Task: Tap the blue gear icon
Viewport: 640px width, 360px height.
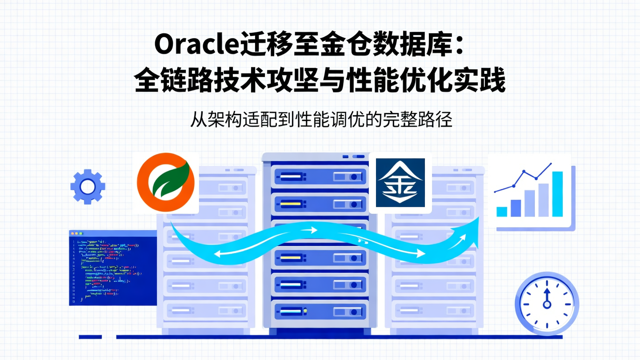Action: pyautogui.click(x=88, y=187)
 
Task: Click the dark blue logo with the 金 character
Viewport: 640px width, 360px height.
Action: pyautogui.click(x=400, y=182)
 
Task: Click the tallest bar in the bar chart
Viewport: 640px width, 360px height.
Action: pyautogui.click(x=557, y=194)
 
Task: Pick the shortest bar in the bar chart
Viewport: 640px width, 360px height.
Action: pyautogui.click(x=502, y=211)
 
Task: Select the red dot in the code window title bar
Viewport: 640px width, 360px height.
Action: pyautogui.click(x=72, y=233)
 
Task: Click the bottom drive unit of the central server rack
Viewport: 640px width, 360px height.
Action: pyautogui.click(x=320, y=310)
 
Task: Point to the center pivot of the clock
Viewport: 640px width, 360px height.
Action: pyautogui.click(x=547, y=304)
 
